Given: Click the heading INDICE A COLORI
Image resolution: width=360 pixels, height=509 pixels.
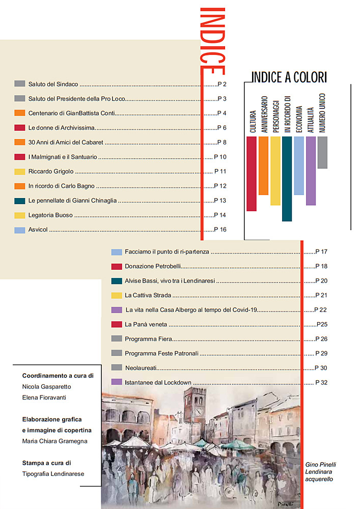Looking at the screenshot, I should click(289, 77).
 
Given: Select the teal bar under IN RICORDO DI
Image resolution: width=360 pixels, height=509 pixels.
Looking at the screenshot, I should click(287, 179).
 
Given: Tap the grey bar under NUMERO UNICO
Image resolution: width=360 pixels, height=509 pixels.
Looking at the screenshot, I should click(322, 152).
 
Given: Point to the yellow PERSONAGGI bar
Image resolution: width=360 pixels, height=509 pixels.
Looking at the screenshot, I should click(275, 171).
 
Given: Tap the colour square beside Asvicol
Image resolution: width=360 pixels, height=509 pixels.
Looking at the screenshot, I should click(20, 230).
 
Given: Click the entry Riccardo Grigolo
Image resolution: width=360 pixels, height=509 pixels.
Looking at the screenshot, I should click(51, 172).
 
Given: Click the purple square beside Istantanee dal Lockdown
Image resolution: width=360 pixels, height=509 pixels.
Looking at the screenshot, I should click(116, 382).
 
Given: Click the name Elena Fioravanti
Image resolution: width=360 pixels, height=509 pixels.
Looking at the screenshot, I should click(44, 398).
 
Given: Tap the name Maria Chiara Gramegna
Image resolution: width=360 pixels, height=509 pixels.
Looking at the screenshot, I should click(54, 441).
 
